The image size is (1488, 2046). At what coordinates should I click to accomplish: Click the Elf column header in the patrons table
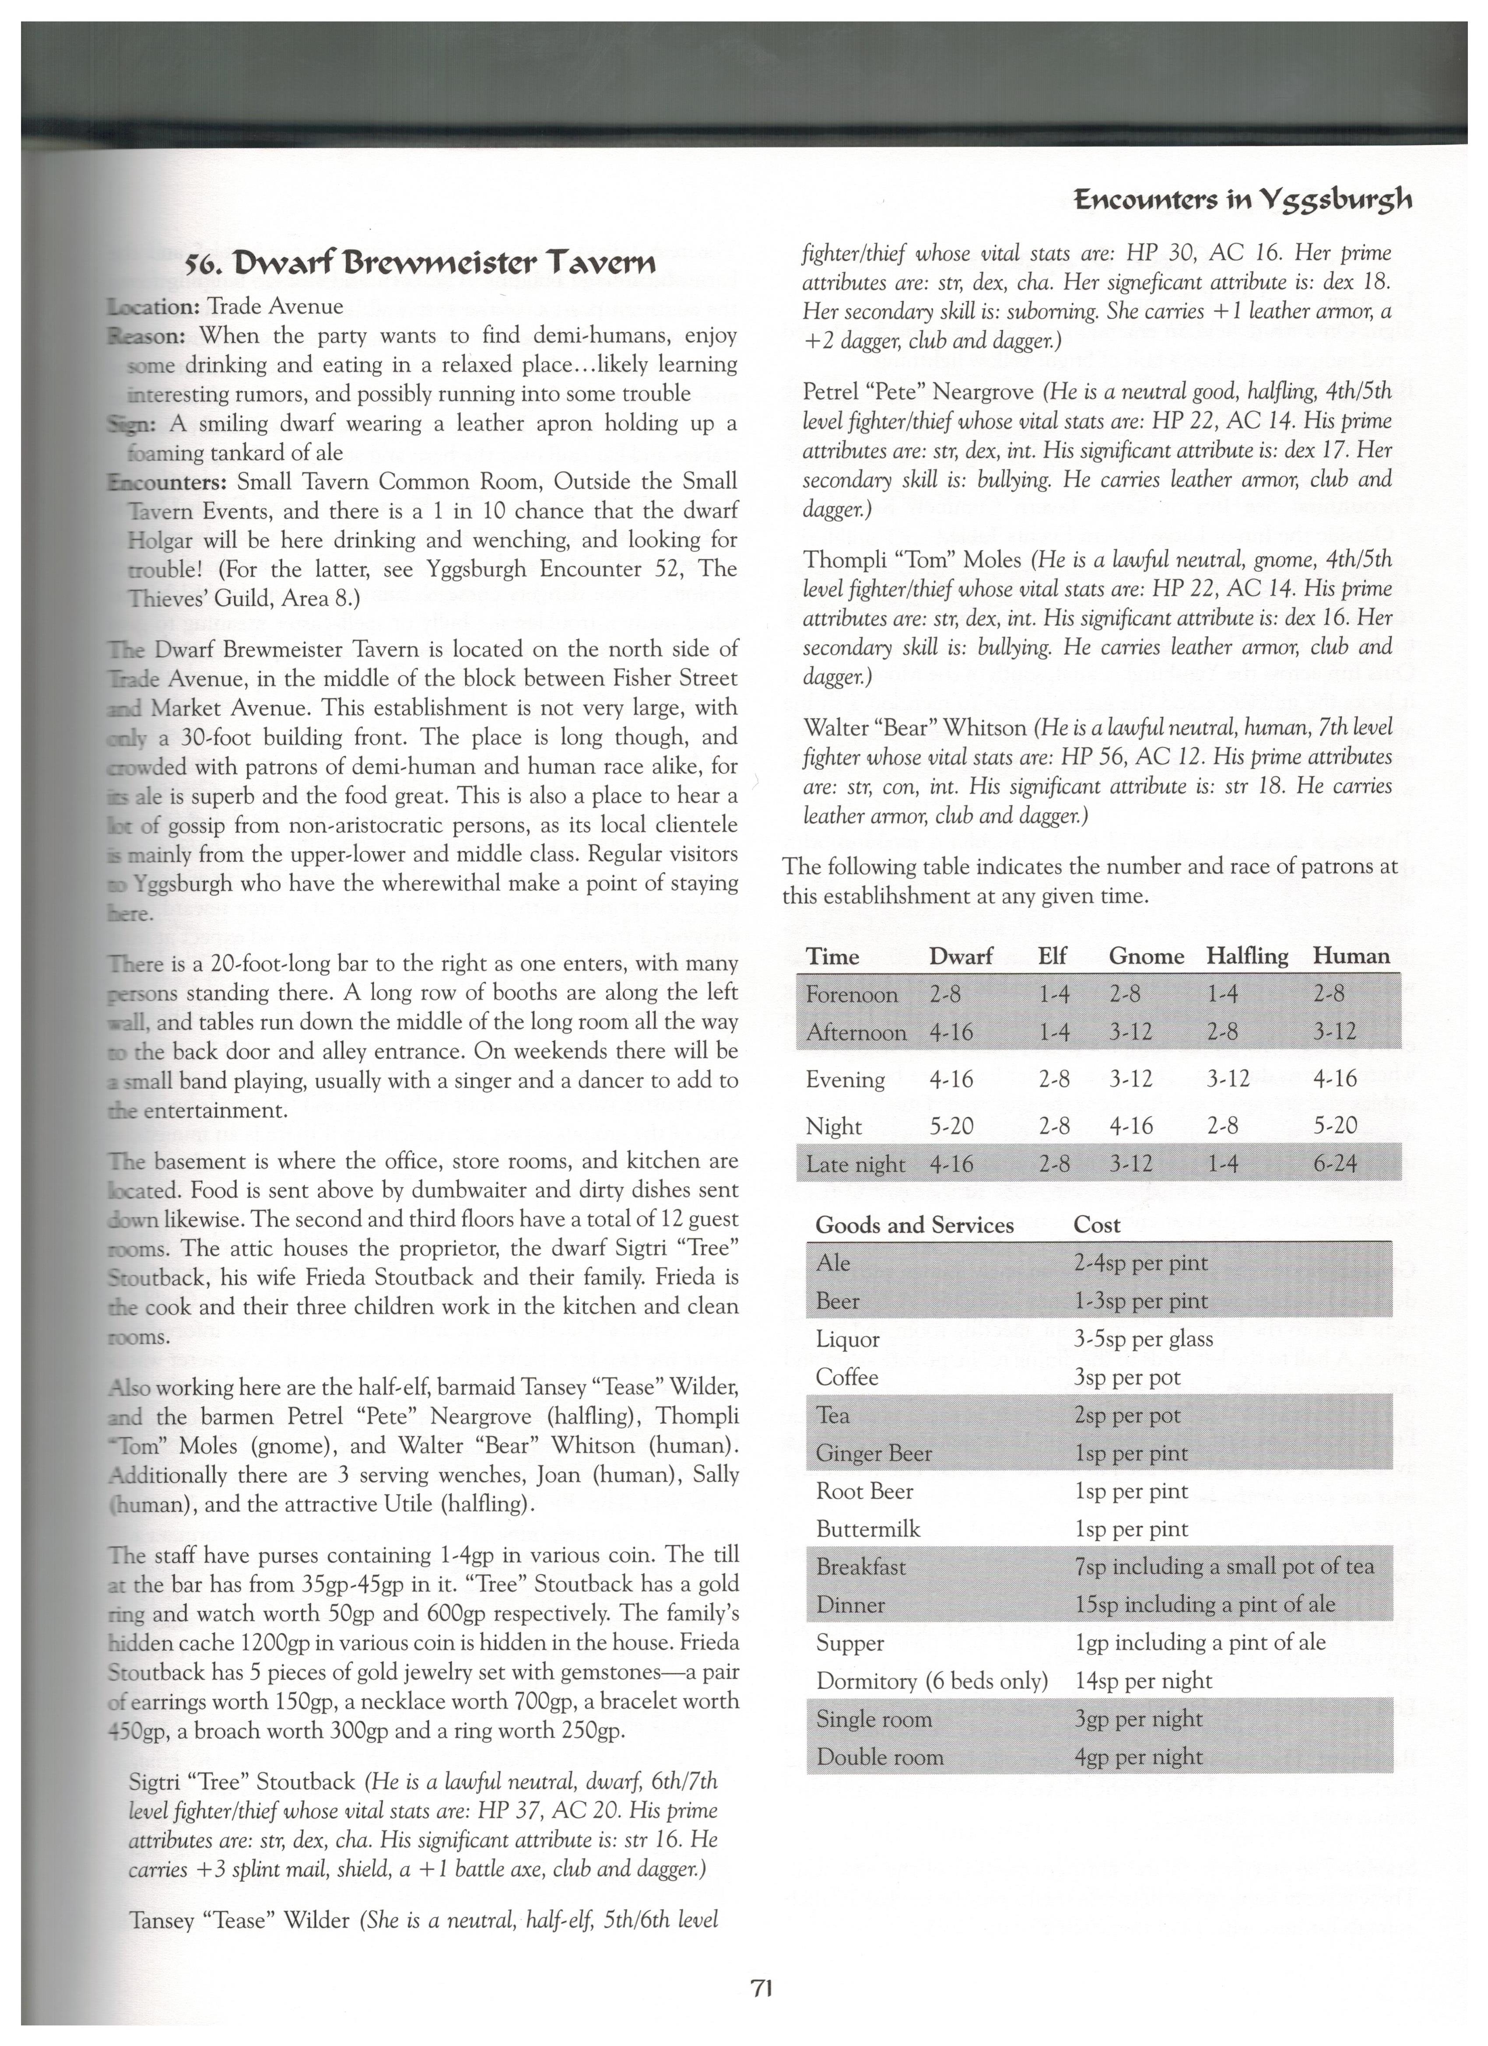click(x=1052, y=956)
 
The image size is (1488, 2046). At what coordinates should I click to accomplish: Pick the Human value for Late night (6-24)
click(x=1336, y=1164)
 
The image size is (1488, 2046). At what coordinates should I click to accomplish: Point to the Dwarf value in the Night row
click(x=951, y=1126)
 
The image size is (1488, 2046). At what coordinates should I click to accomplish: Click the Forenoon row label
click(x=851, y=994)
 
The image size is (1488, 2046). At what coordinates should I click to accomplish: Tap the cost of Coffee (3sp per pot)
click(x=1128, y=1378)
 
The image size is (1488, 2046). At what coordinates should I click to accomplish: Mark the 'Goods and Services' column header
click(x=914, y=1225)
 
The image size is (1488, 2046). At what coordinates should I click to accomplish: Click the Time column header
click(x=832, y=956)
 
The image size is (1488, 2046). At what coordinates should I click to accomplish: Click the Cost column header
click(x=1096, y=1225)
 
